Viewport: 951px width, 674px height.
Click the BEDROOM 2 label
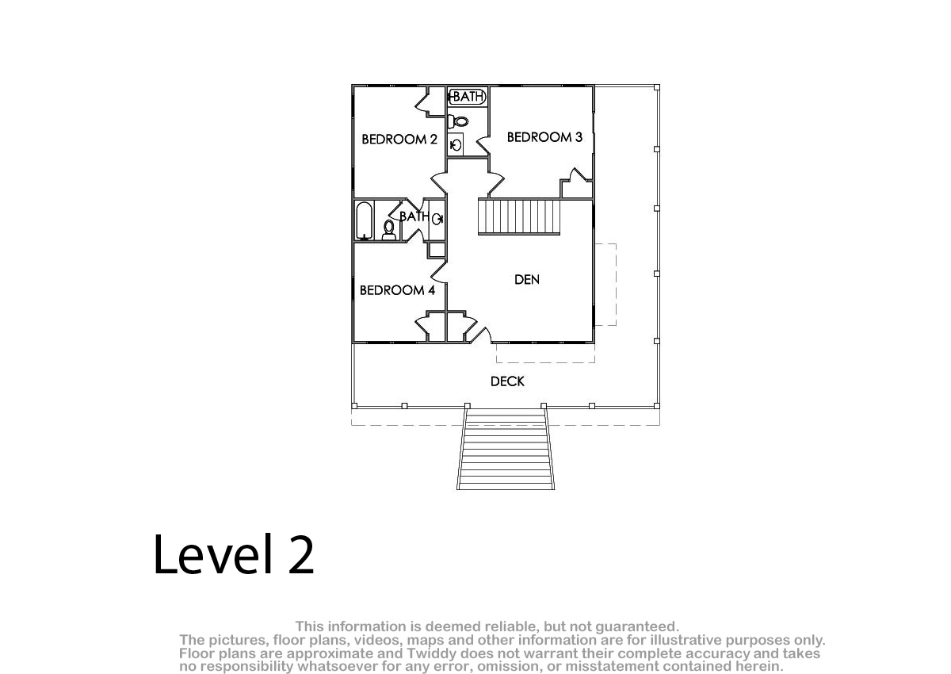click(399, 140)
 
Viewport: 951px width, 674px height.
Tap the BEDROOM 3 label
click(544, 137)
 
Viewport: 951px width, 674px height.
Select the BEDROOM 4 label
click(397, 290)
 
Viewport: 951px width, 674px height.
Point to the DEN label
click(527, 279)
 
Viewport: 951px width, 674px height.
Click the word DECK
click(507, 381)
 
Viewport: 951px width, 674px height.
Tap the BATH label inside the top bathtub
click(468, 97)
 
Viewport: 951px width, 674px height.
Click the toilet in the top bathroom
click(459, 121)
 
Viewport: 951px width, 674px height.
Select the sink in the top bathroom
click(456, 145)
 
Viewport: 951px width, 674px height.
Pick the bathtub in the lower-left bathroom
click(365, 221)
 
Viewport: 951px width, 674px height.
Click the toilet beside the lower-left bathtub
click(389, 230)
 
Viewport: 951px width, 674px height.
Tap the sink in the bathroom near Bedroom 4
click(437, 219)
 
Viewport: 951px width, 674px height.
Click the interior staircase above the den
click(519, 216)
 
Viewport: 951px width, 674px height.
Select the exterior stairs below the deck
click(506, 449)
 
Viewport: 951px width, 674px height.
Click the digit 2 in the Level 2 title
click(301, 554)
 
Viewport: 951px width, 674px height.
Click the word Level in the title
click(213, 554)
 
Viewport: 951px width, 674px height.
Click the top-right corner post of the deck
click(657, 87)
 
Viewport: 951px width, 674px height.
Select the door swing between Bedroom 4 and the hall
click(439, 272)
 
